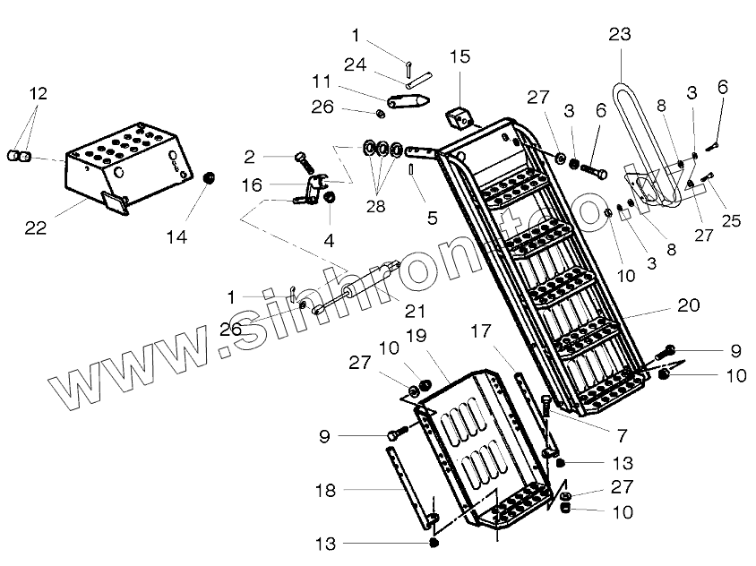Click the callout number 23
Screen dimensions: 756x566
click(x=620, y=35)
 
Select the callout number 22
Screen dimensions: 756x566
click(x=35, y=228)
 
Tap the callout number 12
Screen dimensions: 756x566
click(x=38, y=93)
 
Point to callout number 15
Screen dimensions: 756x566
click(x=460, y=57)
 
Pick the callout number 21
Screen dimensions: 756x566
click(x=414, y=311)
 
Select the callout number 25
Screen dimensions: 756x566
click(x=731, y=220)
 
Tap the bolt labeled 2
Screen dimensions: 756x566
click(x=303, y=162)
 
